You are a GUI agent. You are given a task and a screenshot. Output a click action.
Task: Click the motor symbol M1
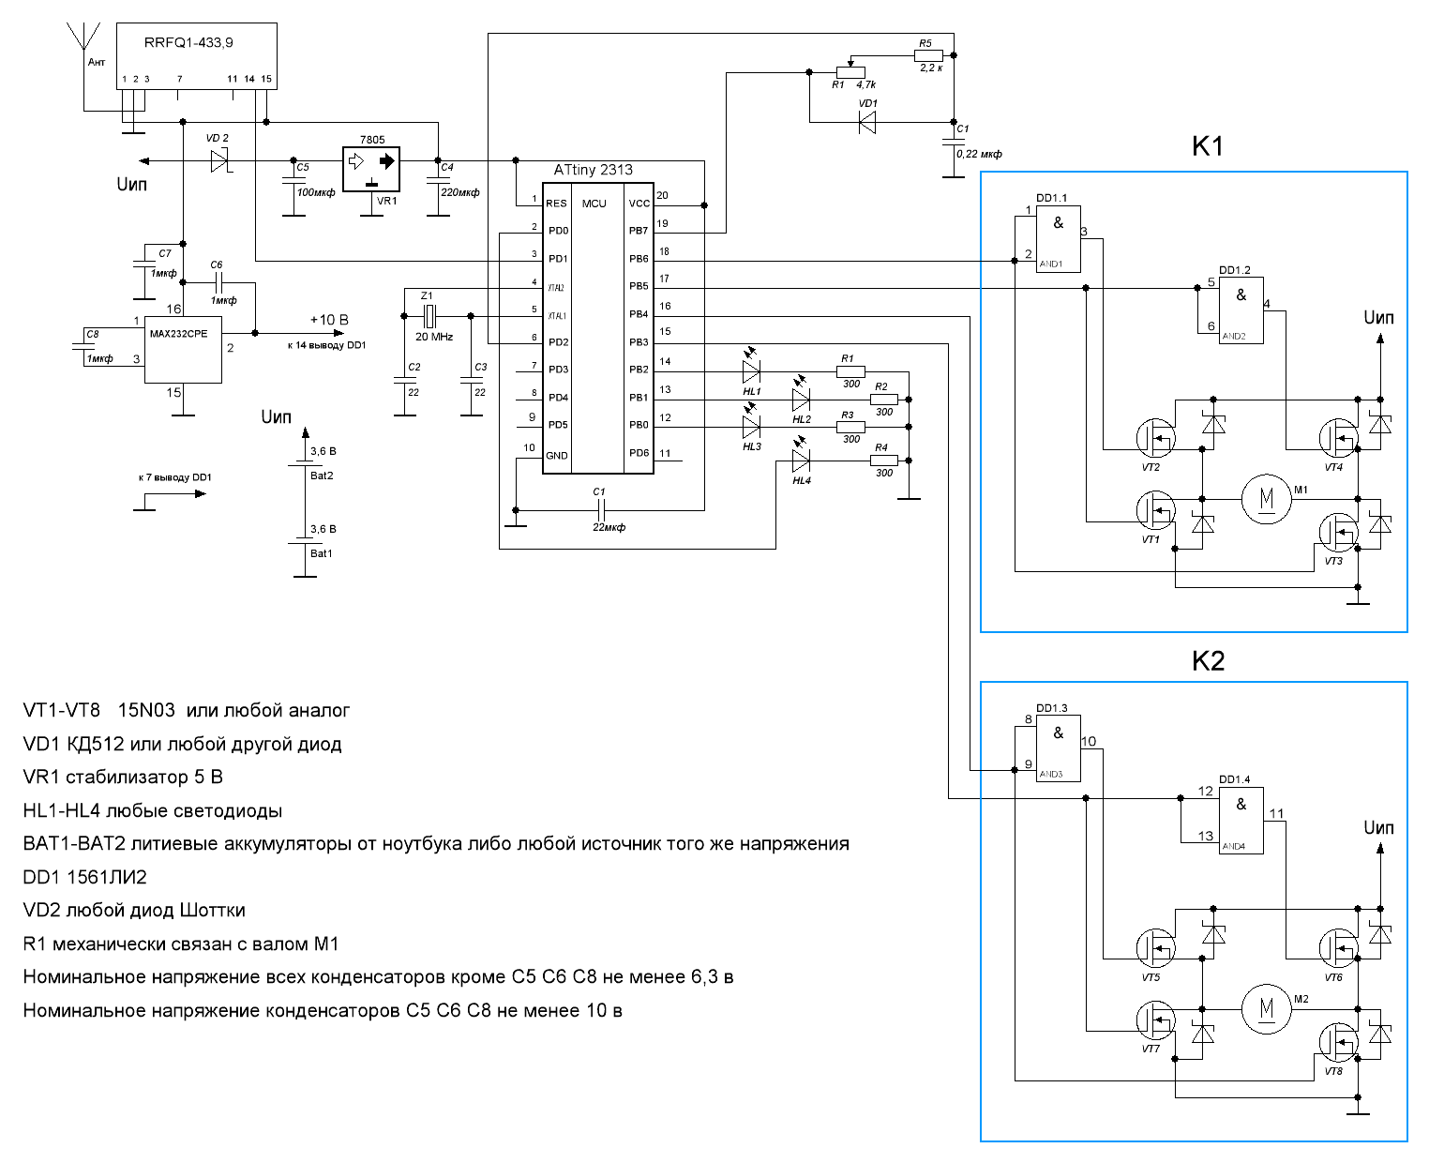(1267, 498)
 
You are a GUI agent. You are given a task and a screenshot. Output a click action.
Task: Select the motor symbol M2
(1267, 1009)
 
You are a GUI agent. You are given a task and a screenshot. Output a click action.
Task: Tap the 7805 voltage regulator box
(371, 169)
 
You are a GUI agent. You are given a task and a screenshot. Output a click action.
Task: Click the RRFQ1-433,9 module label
(188, 43)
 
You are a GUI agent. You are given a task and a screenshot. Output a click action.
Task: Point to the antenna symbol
(83, 38)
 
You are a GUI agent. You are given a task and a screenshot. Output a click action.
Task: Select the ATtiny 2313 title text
(593, 170)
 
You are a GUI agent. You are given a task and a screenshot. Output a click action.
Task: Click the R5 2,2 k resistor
(928, 56)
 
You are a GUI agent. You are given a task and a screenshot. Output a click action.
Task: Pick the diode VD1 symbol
(867, 122)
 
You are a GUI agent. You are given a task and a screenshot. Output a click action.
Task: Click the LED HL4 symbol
(801, 461)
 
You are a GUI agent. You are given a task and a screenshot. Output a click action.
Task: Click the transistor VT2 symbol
(1155, 437)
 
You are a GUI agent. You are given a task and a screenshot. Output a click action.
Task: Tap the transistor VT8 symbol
(1338, 1042)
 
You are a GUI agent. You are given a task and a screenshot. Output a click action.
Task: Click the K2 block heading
(1208, 661)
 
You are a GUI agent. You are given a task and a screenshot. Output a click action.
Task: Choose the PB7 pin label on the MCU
(639, 231)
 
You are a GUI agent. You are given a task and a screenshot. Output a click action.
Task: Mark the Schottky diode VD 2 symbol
(219, 160)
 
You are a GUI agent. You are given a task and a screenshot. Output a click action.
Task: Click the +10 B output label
(329, 320)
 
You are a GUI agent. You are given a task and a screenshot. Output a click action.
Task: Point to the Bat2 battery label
(322, 476)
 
